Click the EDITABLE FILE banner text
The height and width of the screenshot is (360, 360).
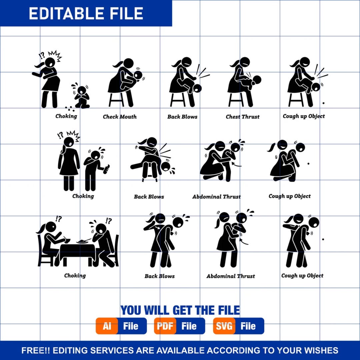86,13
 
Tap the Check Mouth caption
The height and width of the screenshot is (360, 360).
120,117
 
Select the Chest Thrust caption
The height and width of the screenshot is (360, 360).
243,117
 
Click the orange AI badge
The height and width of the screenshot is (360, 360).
107,326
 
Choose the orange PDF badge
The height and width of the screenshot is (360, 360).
165,326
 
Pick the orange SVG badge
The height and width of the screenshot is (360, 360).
224,326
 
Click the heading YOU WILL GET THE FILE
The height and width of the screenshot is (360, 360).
180,310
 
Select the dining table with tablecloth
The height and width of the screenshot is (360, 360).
77,254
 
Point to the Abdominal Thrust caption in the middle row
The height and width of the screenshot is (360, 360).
217,197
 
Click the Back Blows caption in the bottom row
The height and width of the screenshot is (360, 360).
160,276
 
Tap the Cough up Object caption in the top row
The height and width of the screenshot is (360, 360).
304,116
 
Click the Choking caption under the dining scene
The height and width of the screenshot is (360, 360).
75,276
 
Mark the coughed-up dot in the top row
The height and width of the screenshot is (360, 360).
323,103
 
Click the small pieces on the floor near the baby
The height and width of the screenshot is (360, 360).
70,109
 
